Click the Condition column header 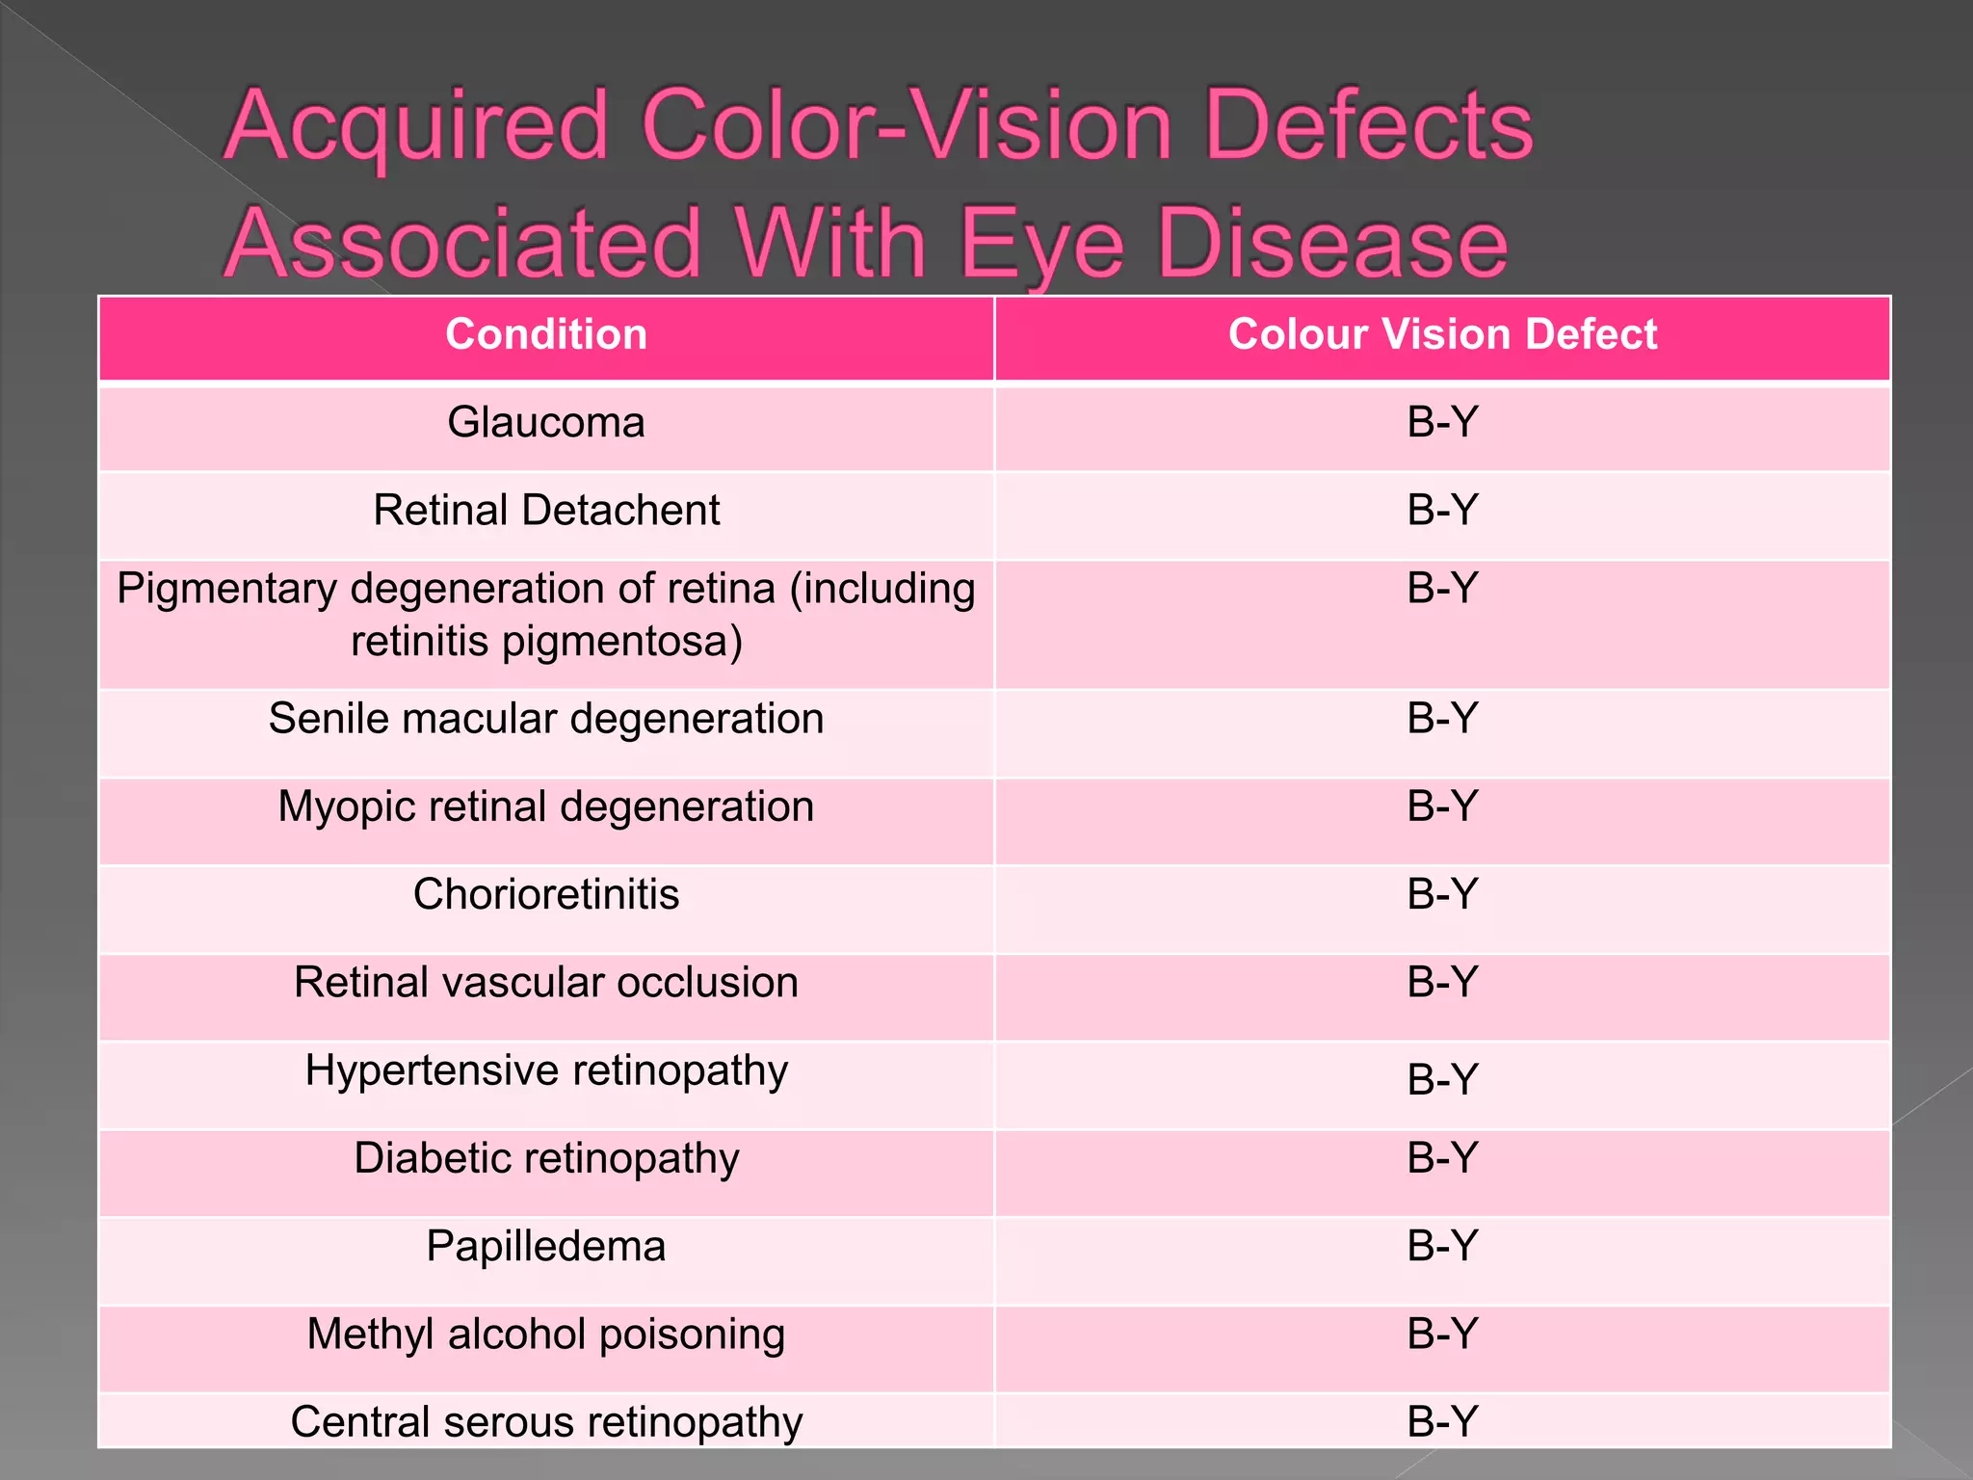point(546,334)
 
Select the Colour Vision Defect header point(1442,334)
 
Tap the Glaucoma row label point(546,423)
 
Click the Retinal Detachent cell point(546,511)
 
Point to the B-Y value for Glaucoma point(1442,423)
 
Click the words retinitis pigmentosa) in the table point(546,642)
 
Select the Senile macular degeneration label point(546,719)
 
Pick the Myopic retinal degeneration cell point(546,806)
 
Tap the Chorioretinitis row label point(546,894)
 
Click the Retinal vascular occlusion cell point(546,983)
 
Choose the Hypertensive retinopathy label point(546,1070)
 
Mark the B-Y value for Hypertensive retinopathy point(1442,1079)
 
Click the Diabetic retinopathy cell point(546,1158)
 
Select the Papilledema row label point(546,1247)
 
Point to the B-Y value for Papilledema point(1442,1247)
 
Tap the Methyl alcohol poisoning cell point(546,1335)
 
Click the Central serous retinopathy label point(546,1422)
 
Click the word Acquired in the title point(416,127)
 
